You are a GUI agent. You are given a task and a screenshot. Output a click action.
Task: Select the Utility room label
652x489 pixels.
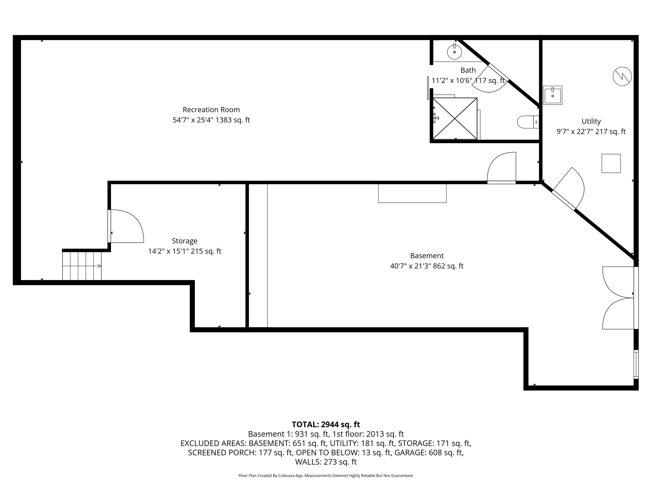[591, 121]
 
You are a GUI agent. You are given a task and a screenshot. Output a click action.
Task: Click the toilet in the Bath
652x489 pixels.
[528, 122]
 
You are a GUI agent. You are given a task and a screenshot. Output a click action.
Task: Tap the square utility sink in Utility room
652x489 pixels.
[552, 95]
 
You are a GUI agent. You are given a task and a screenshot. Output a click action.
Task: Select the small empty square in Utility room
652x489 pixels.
[611, 163]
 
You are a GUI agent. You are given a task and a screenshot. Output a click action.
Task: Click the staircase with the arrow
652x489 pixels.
[82, 266]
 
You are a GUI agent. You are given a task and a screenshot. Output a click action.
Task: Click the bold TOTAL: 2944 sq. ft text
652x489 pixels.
[326, 424]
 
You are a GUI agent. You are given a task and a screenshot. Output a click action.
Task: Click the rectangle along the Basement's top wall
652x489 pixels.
[412, 193]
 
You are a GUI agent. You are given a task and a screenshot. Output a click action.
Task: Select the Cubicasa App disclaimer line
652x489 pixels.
[326, 475]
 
